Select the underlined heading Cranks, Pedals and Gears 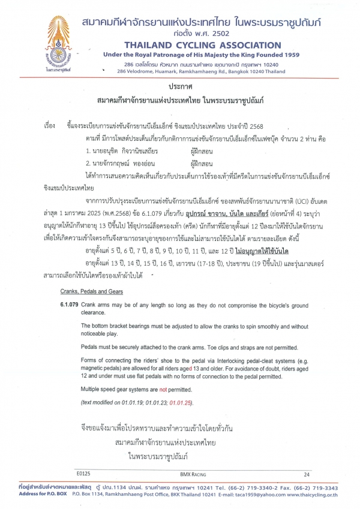(x=92, y=291)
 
